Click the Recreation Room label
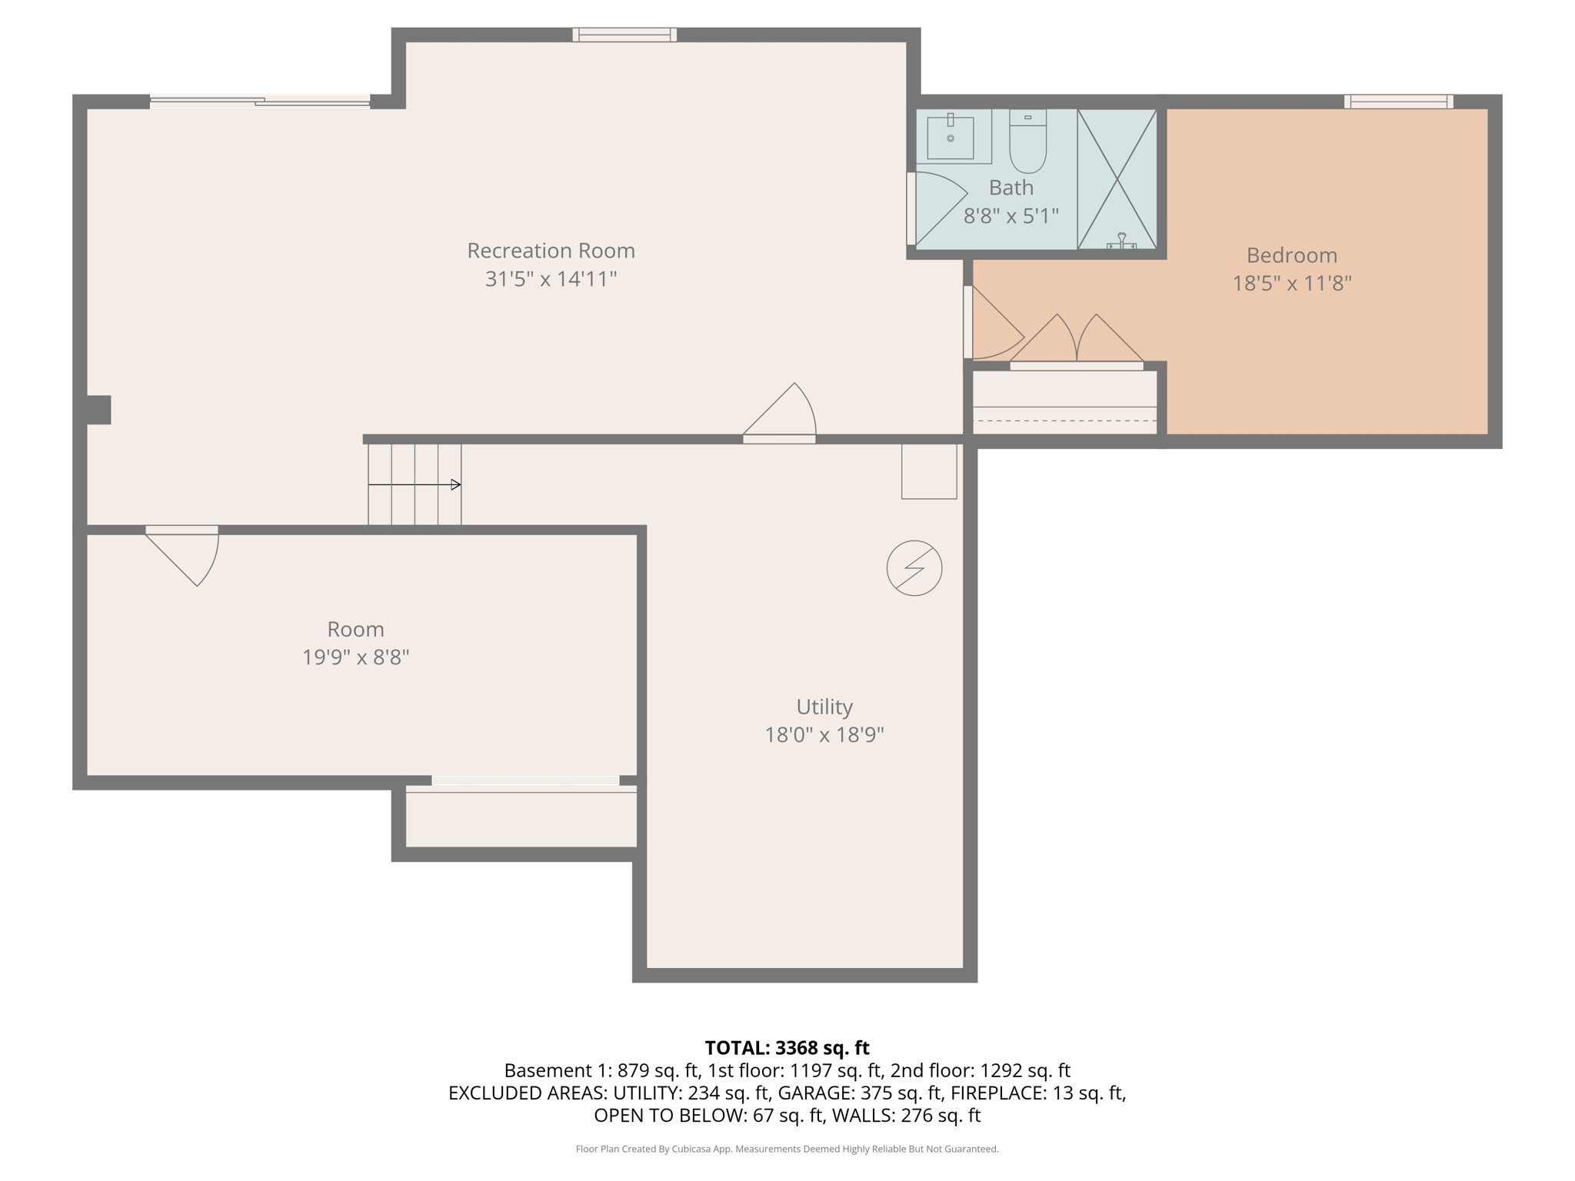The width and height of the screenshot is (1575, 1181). (551, 251)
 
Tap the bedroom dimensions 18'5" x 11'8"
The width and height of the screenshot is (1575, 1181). (1291, 284)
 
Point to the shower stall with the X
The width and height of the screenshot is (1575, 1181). (1117, 178)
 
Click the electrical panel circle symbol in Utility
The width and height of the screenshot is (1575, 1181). (914, 568)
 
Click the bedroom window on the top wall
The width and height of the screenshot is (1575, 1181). (1398, 101)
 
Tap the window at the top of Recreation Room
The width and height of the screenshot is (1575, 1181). (624, 35)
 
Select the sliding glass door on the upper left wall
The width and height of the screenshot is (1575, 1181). (260, 101)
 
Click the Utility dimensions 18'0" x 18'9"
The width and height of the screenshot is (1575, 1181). (824, 735)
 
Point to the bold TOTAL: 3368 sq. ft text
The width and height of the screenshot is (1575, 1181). (787, 1048)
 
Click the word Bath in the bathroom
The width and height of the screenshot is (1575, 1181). (1011, 188)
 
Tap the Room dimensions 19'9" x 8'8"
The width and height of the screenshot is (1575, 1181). (355, 657)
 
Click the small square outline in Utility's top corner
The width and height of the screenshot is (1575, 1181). (929, 471)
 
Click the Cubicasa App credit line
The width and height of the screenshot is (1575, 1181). (787, 1149)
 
